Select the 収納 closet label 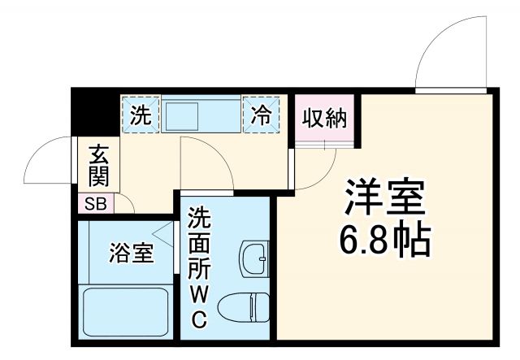[325, 119]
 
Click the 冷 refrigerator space [262, 115]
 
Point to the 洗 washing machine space [141, 115]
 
